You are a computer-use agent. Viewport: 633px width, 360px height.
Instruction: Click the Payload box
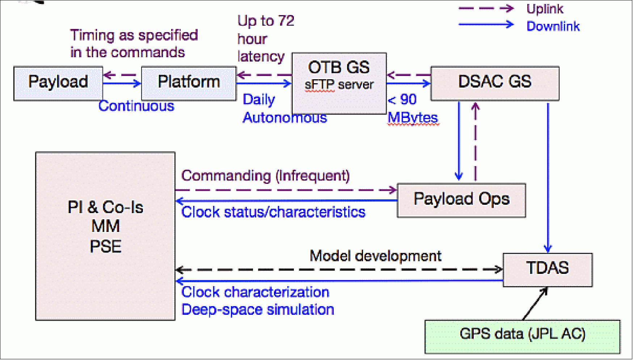pos(58,83)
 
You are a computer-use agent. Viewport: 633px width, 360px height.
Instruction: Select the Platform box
pos(189,83)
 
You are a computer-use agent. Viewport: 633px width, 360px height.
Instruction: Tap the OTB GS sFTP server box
pos(339,83)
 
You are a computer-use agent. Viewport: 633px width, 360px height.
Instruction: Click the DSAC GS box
pos(495,83)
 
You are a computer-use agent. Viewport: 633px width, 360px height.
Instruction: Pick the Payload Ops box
pos(461,200)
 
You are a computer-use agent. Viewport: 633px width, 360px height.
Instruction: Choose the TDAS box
pos(548,270)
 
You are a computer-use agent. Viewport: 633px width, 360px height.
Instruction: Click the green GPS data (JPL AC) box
pos(522,336)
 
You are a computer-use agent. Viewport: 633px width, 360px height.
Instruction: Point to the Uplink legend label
pos(545,9)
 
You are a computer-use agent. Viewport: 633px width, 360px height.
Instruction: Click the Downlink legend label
pos(553,26)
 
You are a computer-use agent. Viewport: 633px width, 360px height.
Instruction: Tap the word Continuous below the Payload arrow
pos(136,106)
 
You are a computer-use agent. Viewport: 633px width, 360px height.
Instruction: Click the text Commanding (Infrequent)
pos(265,176)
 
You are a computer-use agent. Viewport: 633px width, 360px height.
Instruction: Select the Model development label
pos(375,256)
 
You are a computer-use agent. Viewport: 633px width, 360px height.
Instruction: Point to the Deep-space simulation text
pos(257,310)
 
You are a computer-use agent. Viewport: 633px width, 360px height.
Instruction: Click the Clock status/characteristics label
pos(273,212)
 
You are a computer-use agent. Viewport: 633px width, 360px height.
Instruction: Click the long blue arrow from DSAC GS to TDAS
pos(548,177)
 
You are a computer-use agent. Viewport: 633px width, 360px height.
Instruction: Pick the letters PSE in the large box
pos(105,247)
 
